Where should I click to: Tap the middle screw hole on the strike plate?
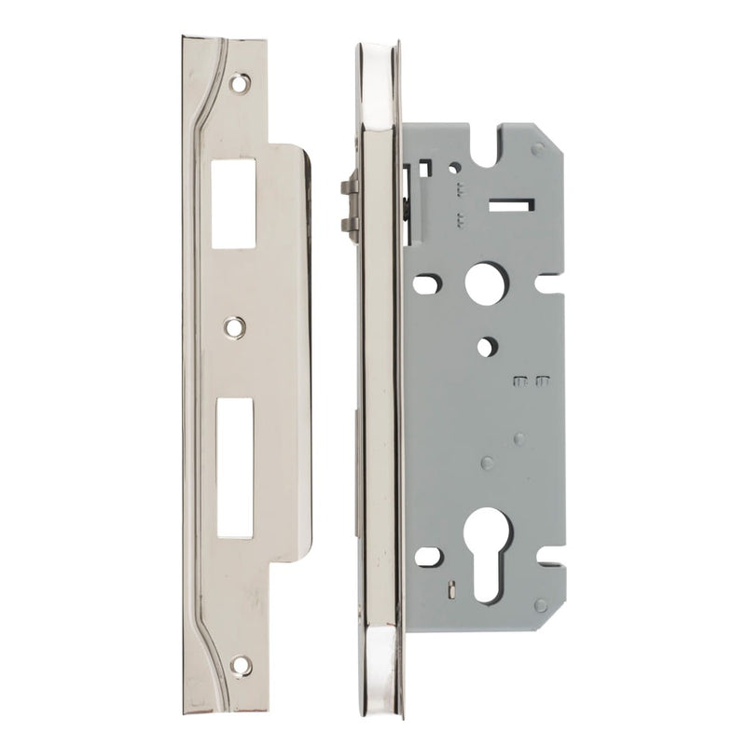click(235, 326)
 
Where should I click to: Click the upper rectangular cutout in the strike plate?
click(234, 202)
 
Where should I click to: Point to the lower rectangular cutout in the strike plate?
click(235, 468)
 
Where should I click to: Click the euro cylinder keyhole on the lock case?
click(490, 541)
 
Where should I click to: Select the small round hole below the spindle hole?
click(487, 347)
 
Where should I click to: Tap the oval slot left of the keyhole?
click(427, 557)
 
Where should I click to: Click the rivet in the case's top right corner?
click(537, 148)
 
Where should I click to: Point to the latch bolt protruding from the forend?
click(350, 205)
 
